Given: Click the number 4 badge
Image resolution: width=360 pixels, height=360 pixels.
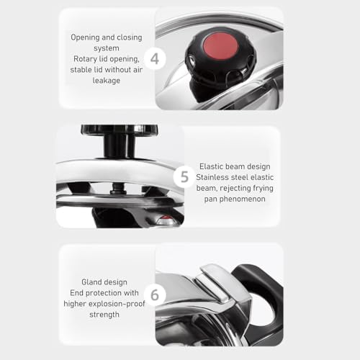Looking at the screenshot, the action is [x=155, y=58].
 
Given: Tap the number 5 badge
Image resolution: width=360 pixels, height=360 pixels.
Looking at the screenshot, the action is [x=184, y=177].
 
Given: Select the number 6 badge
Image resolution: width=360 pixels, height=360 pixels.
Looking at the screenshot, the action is [x=155, y=294].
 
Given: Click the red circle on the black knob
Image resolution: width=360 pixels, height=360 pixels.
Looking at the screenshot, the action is [x=220, y=46].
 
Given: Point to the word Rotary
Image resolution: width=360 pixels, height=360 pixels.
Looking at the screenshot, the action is [x=84, y=59].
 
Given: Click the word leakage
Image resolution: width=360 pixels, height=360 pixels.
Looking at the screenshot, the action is [x=107, y=81].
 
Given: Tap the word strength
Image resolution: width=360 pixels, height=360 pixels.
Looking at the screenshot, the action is [x=104, y=315].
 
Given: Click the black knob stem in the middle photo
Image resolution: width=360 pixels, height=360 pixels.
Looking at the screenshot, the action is [x=120, y=146].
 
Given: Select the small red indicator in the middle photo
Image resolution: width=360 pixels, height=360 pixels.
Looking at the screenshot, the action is [x=165, y=220].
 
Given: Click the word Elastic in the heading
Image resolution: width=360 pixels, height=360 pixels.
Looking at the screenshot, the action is [x=211, y=166].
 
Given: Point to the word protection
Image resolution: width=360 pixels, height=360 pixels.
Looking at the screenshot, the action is [x=104, y=293].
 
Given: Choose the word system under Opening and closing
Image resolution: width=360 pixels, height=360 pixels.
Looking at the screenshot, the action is [x=107, y=49].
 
